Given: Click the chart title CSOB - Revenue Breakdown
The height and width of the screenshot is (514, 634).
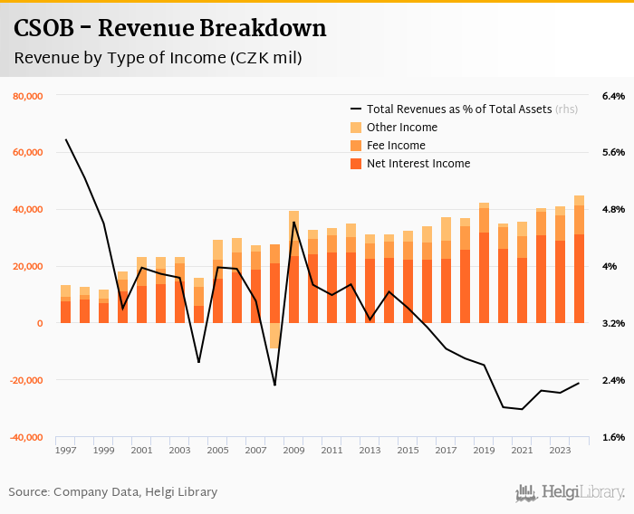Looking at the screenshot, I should [x=169, y=29].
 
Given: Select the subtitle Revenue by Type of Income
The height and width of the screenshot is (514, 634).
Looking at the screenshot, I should [x=158, y=58].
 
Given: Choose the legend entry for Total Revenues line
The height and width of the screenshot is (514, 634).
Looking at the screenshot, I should [x=458, y=109].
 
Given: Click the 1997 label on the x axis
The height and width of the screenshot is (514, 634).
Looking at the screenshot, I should [x=66, y=450].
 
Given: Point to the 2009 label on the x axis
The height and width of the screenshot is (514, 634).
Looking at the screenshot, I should [x=294, y=450].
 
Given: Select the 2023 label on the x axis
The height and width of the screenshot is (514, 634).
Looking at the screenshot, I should [x=561, y=450].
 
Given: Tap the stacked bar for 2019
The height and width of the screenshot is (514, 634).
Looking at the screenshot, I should [x=485, y=262].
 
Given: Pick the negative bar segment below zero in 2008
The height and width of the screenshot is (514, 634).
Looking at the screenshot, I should [x=274, y=336].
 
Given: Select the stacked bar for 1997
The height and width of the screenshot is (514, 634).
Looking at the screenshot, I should [x=66, y=304].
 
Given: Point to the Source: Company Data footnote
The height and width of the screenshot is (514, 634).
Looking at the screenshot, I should [x=113, y=492].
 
